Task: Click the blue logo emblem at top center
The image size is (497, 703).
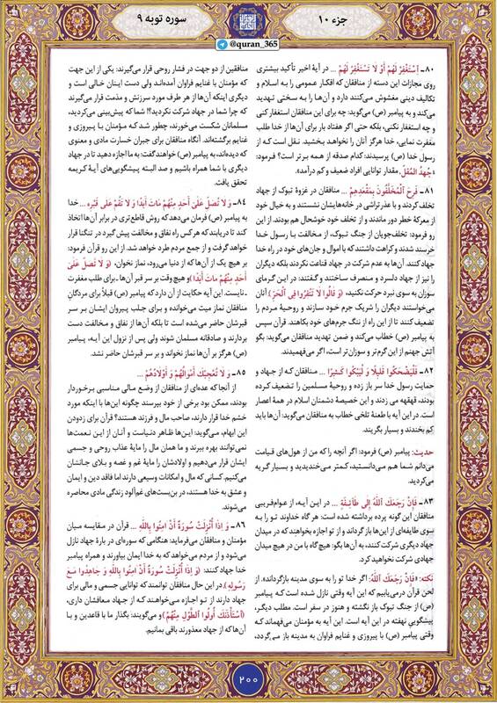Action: (248, 18)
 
